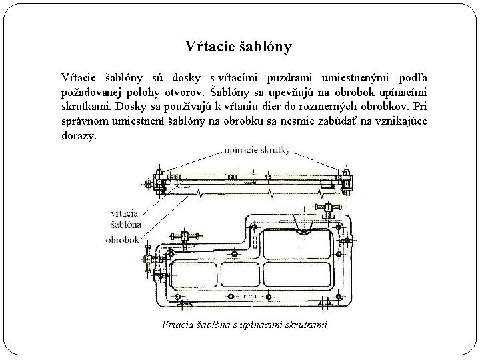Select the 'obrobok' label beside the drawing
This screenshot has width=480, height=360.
click(122, 239)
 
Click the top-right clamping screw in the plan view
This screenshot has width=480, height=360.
click(328, 209)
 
